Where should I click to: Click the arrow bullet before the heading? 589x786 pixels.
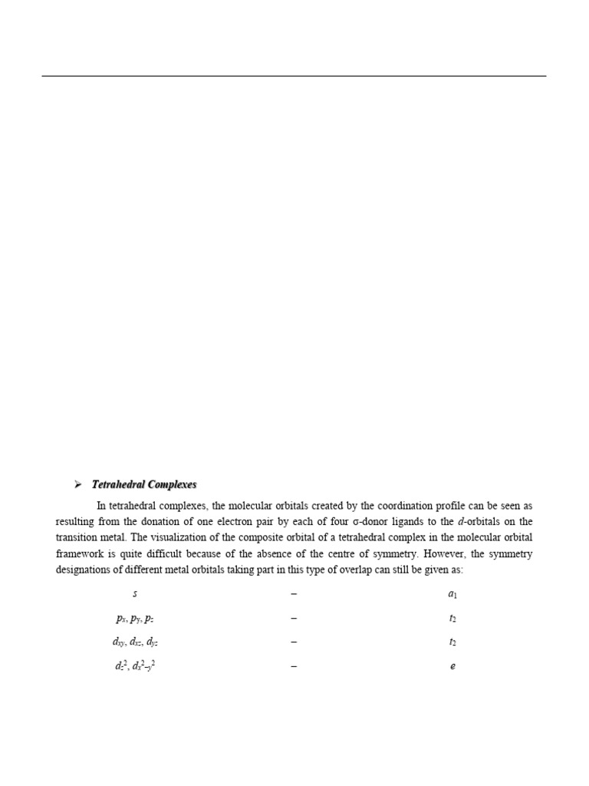click(77, 484)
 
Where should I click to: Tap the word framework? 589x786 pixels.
click(81, 554)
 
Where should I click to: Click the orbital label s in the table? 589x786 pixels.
click(136, 594)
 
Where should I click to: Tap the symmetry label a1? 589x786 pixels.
click(452, 595)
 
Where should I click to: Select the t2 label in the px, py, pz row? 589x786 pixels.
click(452, 619)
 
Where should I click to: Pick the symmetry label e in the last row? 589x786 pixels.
click(452, 667)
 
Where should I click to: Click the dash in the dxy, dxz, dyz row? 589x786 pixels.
click(294, 642)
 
